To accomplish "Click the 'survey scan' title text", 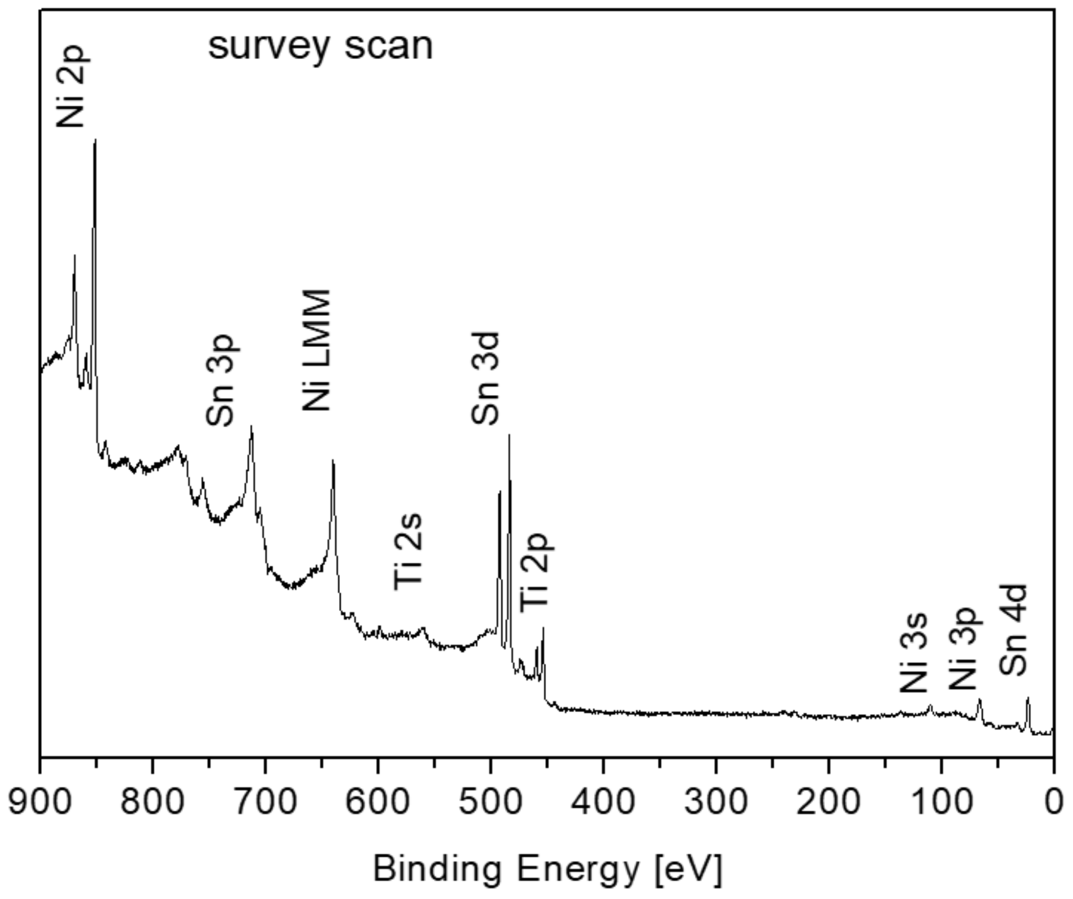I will coord(320,47).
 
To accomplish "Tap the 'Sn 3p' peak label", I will coord(220,380).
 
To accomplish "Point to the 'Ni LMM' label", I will coord(317,350).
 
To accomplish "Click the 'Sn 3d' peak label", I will coord(485,378).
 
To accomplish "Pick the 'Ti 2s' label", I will coord(408,551).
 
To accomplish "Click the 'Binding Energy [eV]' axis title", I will coord(547,869).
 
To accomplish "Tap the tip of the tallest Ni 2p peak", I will coord(95,139).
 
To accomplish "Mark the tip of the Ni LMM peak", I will coord(333,461).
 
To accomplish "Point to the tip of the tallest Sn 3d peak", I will coord(509,435).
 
